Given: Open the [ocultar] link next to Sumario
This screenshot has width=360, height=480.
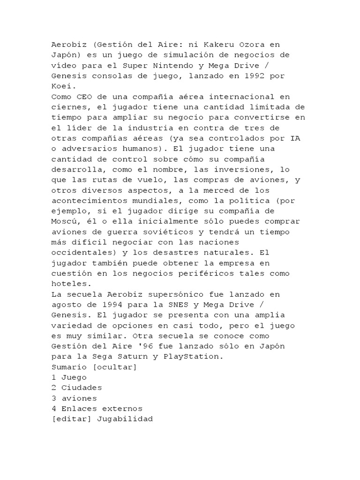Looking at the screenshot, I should tap(115, 367).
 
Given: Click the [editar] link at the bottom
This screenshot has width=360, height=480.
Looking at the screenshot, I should tap(71, 419).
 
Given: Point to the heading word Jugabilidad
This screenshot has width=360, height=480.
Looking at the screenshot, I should tap(125, 419).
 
